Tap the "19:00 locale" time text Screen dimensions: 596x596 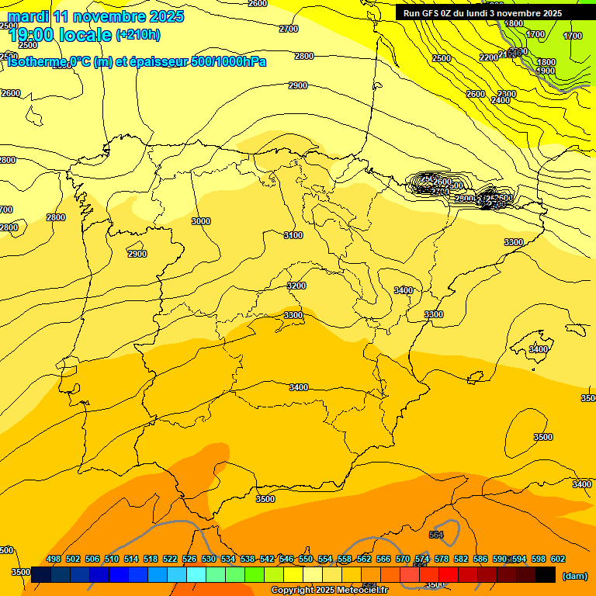tap(59, 35)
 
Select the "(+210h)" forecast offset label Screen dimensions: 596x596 tap(138, 35)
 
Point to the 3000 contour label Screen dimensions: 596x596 tap(200, 221)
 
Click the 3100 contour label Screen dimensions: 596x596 tap(293, 235)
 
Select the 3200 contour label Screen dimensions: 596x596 tap(296, 286)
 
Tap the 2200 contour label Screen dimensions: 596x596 tap(489, 57)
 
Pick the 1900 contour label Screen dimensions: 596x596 tap(546, 71)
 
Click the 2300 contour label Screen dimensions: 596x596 tap(507, 94)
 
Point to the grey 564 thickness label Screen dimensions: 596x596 tap(436, 535)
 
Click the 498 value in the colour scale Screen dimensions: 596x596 tap(54, 559)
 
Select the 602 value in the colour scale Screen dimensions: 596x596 tap(558, 559)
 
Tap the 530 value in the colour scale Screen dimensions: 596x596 tap(209, 559)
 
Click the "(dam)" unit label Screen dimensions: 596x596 tap(574, 575)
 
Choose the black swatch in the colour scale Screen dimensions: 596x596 tap(546, 575)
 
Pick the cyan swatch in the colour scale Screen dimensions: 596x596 tap(196, 575)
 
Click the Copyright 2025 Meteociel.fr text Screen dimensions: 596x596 tap(330, 591)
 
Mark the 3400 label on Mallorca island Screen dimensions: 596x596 tap(538, 349)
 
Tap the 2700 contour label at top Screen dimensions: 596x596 tap(288, 29)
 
